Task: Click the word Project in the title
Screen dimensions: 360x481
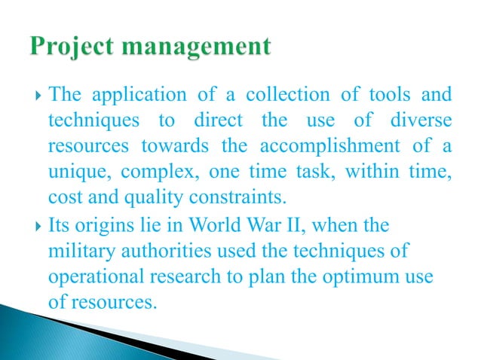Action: (x=69, y=47)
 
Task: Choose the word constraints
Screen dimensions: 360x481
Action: (x=227, y=198)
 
